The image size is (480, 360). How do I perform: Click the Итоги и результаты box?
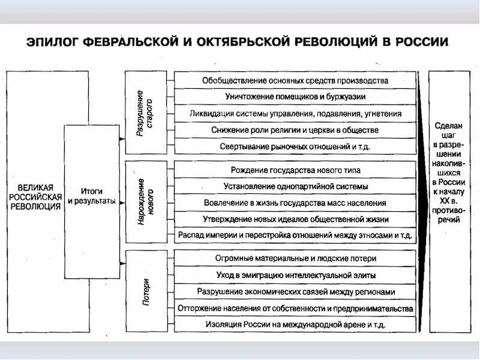pos(91,201)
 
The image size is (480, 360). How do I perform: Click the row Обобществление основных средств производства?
pos(295,80)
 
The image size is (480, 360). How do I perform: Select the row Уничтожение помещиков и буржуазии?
pos(295,96)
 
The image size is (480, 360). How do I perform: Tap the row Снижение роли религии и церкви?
pos(295,130)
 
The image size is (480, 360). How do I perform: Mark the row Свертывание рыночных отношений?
pos(295,146)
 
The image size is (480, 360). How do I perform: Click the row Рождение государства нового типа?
pos(295,170)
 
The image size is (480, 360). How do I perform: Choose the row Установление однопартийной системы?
pos(295,187)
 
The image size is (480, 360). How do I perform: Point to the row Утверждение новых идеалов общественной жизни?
pos(295,219)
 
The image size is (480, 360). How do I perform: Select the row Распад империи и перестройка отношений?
pos(295,235)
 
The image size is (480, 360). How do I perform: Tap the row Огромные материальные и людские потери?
pos(295,259)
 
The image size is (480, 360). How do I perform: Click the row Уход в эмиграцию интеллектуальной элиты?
pos(295,275)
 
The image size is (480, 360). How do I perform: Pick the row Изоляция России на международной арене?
pos(295,324)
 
